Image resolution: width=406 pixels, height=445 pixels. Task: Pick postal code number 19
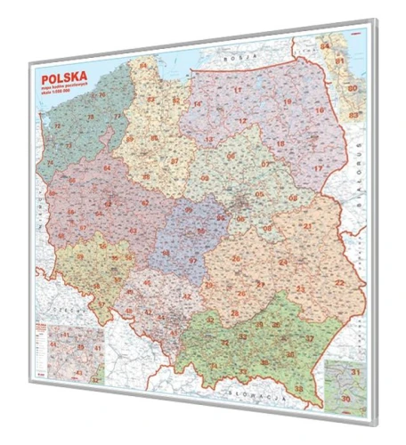coord(311,107)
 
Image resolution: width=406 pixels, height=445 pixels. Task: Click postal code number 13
coord(208,140)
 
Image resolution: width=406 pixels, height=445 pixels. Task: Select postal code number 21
coord(307,227)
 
